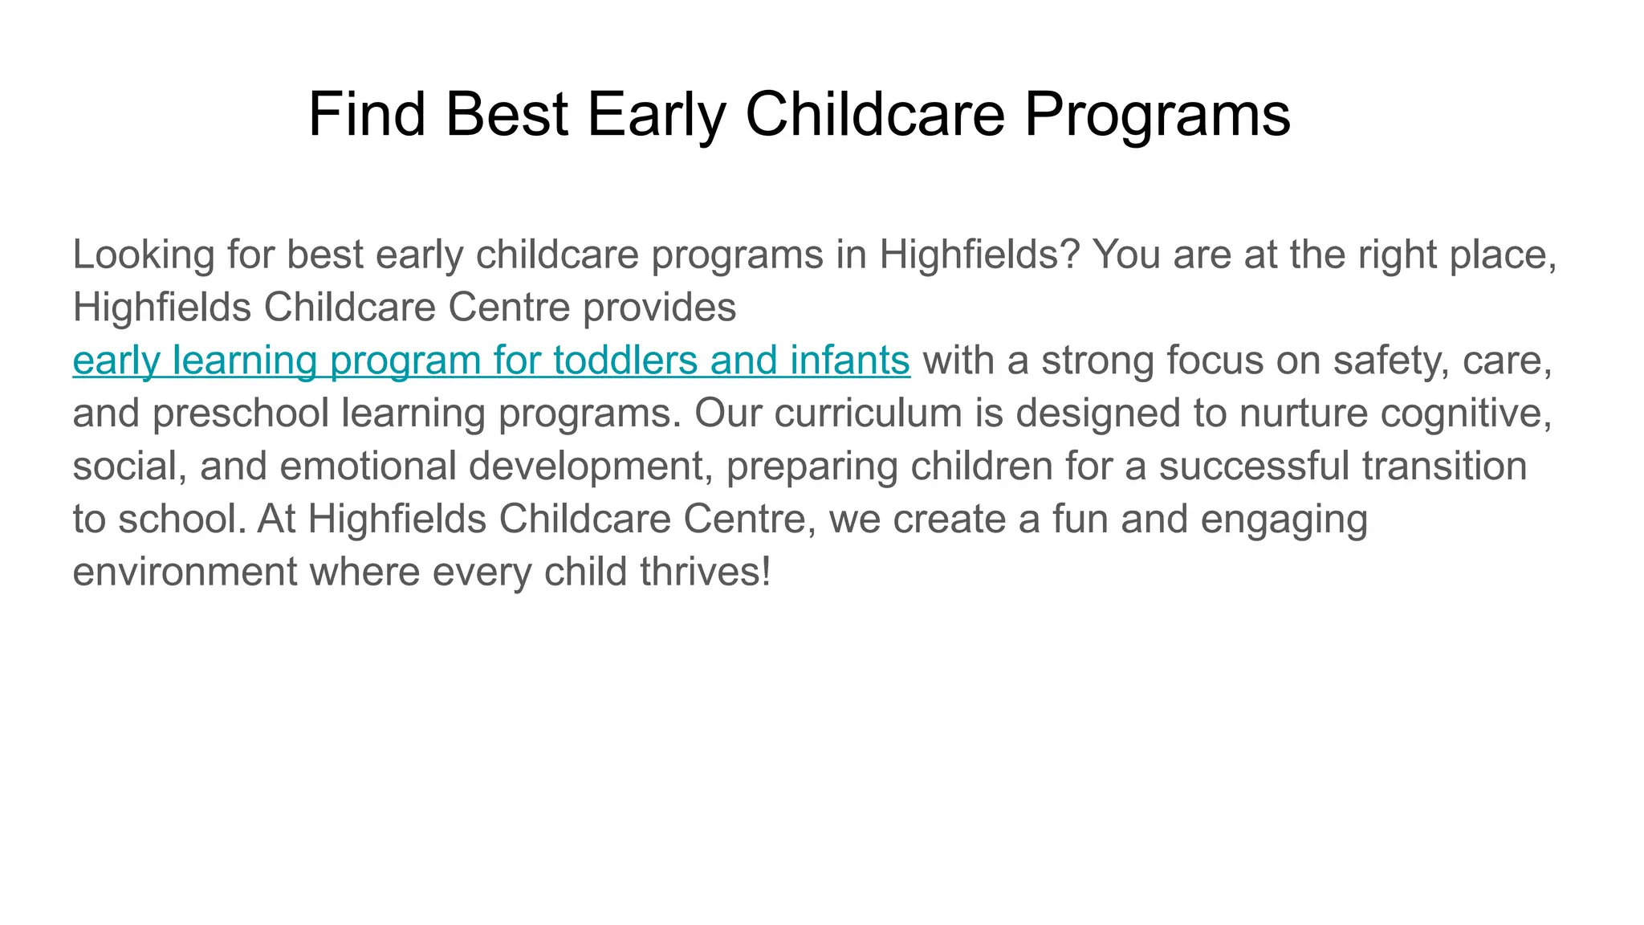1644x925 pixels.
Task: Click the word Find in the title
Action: point(366,114)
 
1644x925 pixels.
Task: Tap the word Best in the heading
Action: point(507,114)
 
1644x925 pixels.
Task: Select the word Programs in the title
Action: point(1157,114)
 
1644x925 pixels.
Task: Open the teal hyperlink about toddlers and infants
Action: point(491,360)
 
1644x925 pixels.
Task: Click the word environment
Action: point(185,572)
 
